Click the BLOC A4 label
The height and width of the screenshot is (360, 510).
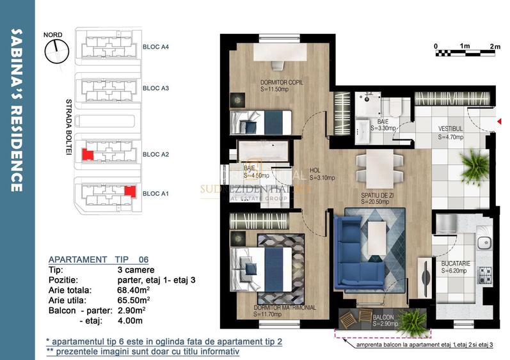coord(155,47)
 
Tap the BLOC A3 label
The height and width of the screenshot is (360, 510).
coord(155,88)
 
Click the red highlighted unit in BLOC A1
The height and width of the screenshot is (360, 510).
coord(130,191)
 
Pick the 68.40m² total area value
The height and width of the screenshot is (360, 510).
coord(132,290)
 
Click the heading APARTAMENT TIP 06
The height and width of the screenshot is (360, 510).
coord(99,260)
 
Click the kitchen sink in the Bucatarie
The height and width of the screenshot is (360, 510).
coord(484,242)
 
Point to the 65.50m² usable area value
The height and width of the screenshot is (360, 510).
coord(132,299)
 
